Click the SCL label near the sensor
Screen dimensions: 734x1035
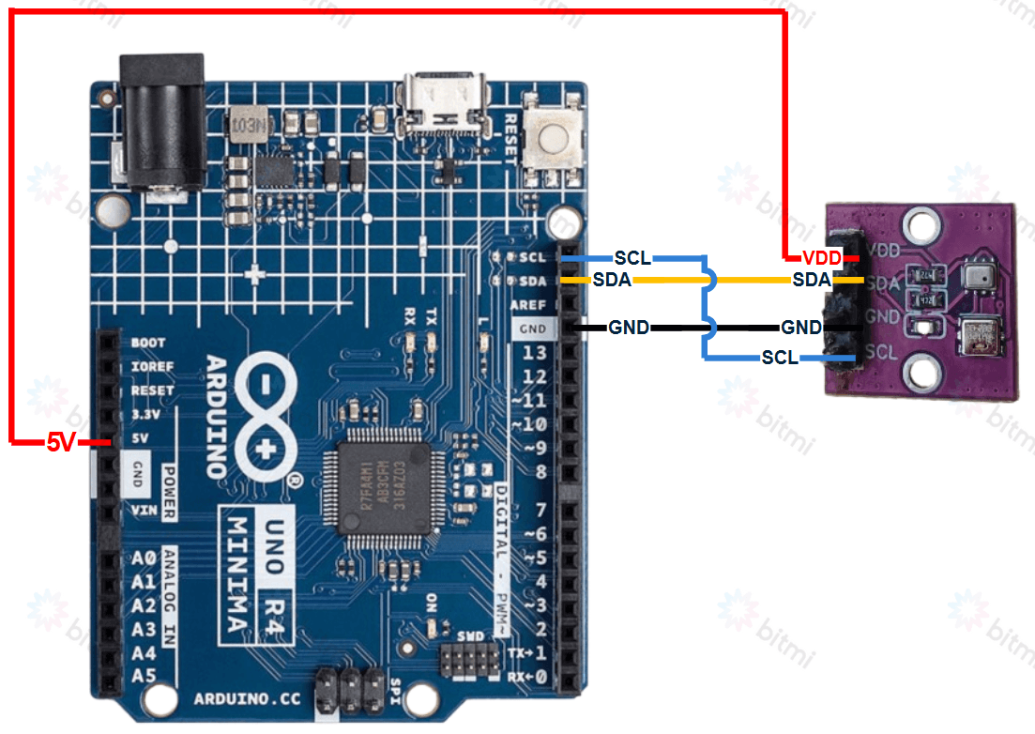780,358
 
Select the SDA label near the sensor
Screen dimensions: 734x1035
811,280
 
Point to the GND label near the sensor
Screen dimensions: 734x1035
800,328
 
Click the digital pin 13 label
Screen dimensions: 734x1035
535,353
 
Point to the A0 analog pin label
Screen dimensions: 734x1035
144,558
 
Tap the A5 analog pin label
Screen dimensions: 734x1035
144,676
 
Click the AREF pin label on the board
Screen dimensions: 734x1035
529,306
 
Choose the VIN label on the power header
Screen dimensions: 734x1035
145,510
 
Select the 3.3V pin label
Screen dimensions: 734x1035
147,414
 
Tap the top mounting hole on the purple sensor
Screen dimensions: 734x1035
921,223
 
